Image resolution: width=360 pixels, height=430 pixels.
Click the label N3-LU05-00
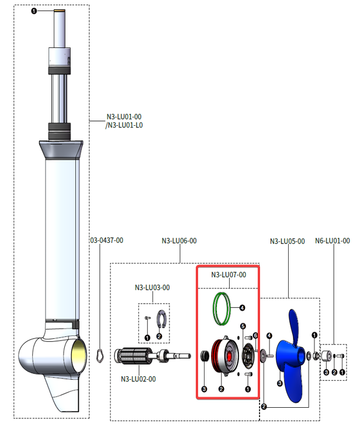tap(287, 241)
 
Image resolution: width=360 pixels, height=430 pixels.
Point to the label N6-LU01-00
tap(332, 241)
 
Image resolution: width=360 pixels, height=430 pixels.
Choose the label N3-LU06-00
tap(179, 241)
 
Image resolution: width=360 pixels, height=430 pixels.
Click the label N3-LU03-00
tap(152, 287)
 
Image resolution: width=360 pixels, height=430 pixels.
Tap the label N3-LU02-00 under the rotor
tap(138, 379)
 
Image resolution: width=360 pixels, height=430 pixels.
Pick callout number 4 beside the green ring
tap(241, 307)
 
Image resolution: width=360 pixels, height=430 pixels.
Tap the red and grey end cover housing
tap(223, 356)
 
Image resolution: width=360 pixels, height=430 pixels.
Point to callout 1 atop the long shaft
tap(34, 11)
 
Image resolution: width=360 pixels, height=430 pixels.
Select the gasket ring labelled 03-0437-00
tap(99, 355)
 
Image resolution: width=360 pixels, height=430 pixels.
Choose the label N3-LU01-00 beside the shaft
tap(123, 117)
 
